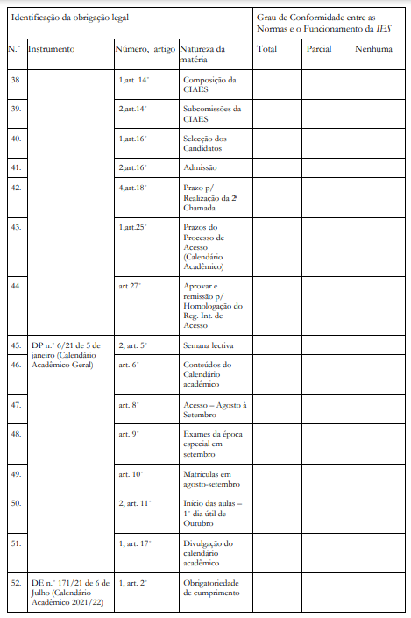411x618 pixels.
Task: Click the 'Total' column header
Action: coord(267,49)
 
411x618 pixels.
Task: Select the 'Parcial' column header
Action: coord(319,49)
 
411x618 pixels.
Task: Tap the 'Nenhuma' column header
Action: coord(373,49)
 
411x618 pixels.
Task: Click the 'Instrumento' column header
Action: coord(52,49)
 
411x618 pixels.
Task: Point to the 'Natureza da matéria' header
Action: coord(202,54)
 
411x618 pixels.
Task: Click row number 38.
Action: coord(15,80)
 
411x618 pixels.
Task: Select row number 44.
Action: coord(15,285)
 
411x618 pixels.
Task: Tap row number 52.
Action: coord(15,582)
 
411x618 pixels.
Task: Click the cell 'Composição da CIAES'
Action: coord(207,85)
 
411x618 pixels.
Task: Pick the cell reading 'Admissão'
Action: coord(201,167)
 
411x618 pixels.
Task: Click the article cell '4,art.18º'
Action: coord(134,187)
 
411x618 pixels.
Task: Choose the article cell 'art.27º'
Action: coord(130,285)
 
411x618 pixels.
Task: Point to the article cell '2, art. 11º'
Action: coord(135,503)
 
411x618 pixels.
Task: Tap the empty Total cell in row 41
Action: coord(278,167)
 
